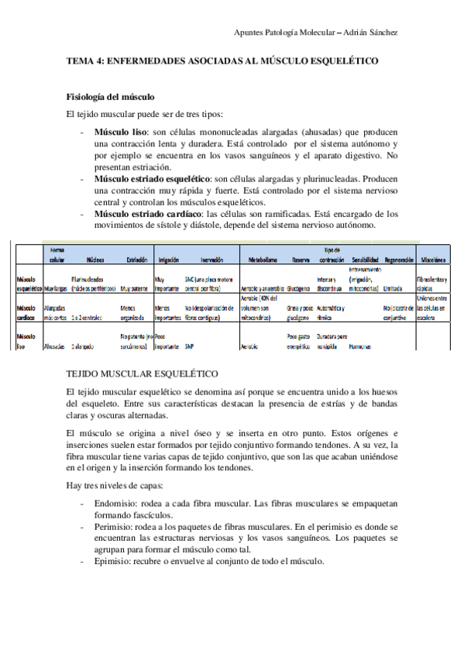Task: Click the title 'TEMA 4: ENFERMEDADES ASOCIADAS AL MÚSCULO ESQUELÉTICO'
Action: pyautogui.click(x=223, y=61)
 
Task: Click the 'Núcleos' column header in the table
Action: pyautogui.click(x=95, y=261)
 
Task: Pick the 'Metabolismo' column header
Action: pyautogui.click(x=259, y=261)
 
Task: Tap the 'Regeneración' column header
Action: pyautogui.click(x=399, y=261)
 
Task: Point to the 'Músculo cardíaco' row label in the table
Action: pyautogui.click(x=29, y=311)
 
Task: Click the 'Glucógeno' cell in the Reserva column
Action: pyautogui.click(x=301, y=287)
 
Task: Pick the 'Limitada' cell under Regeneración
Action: pyautogui.click(x=393, y=287)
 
